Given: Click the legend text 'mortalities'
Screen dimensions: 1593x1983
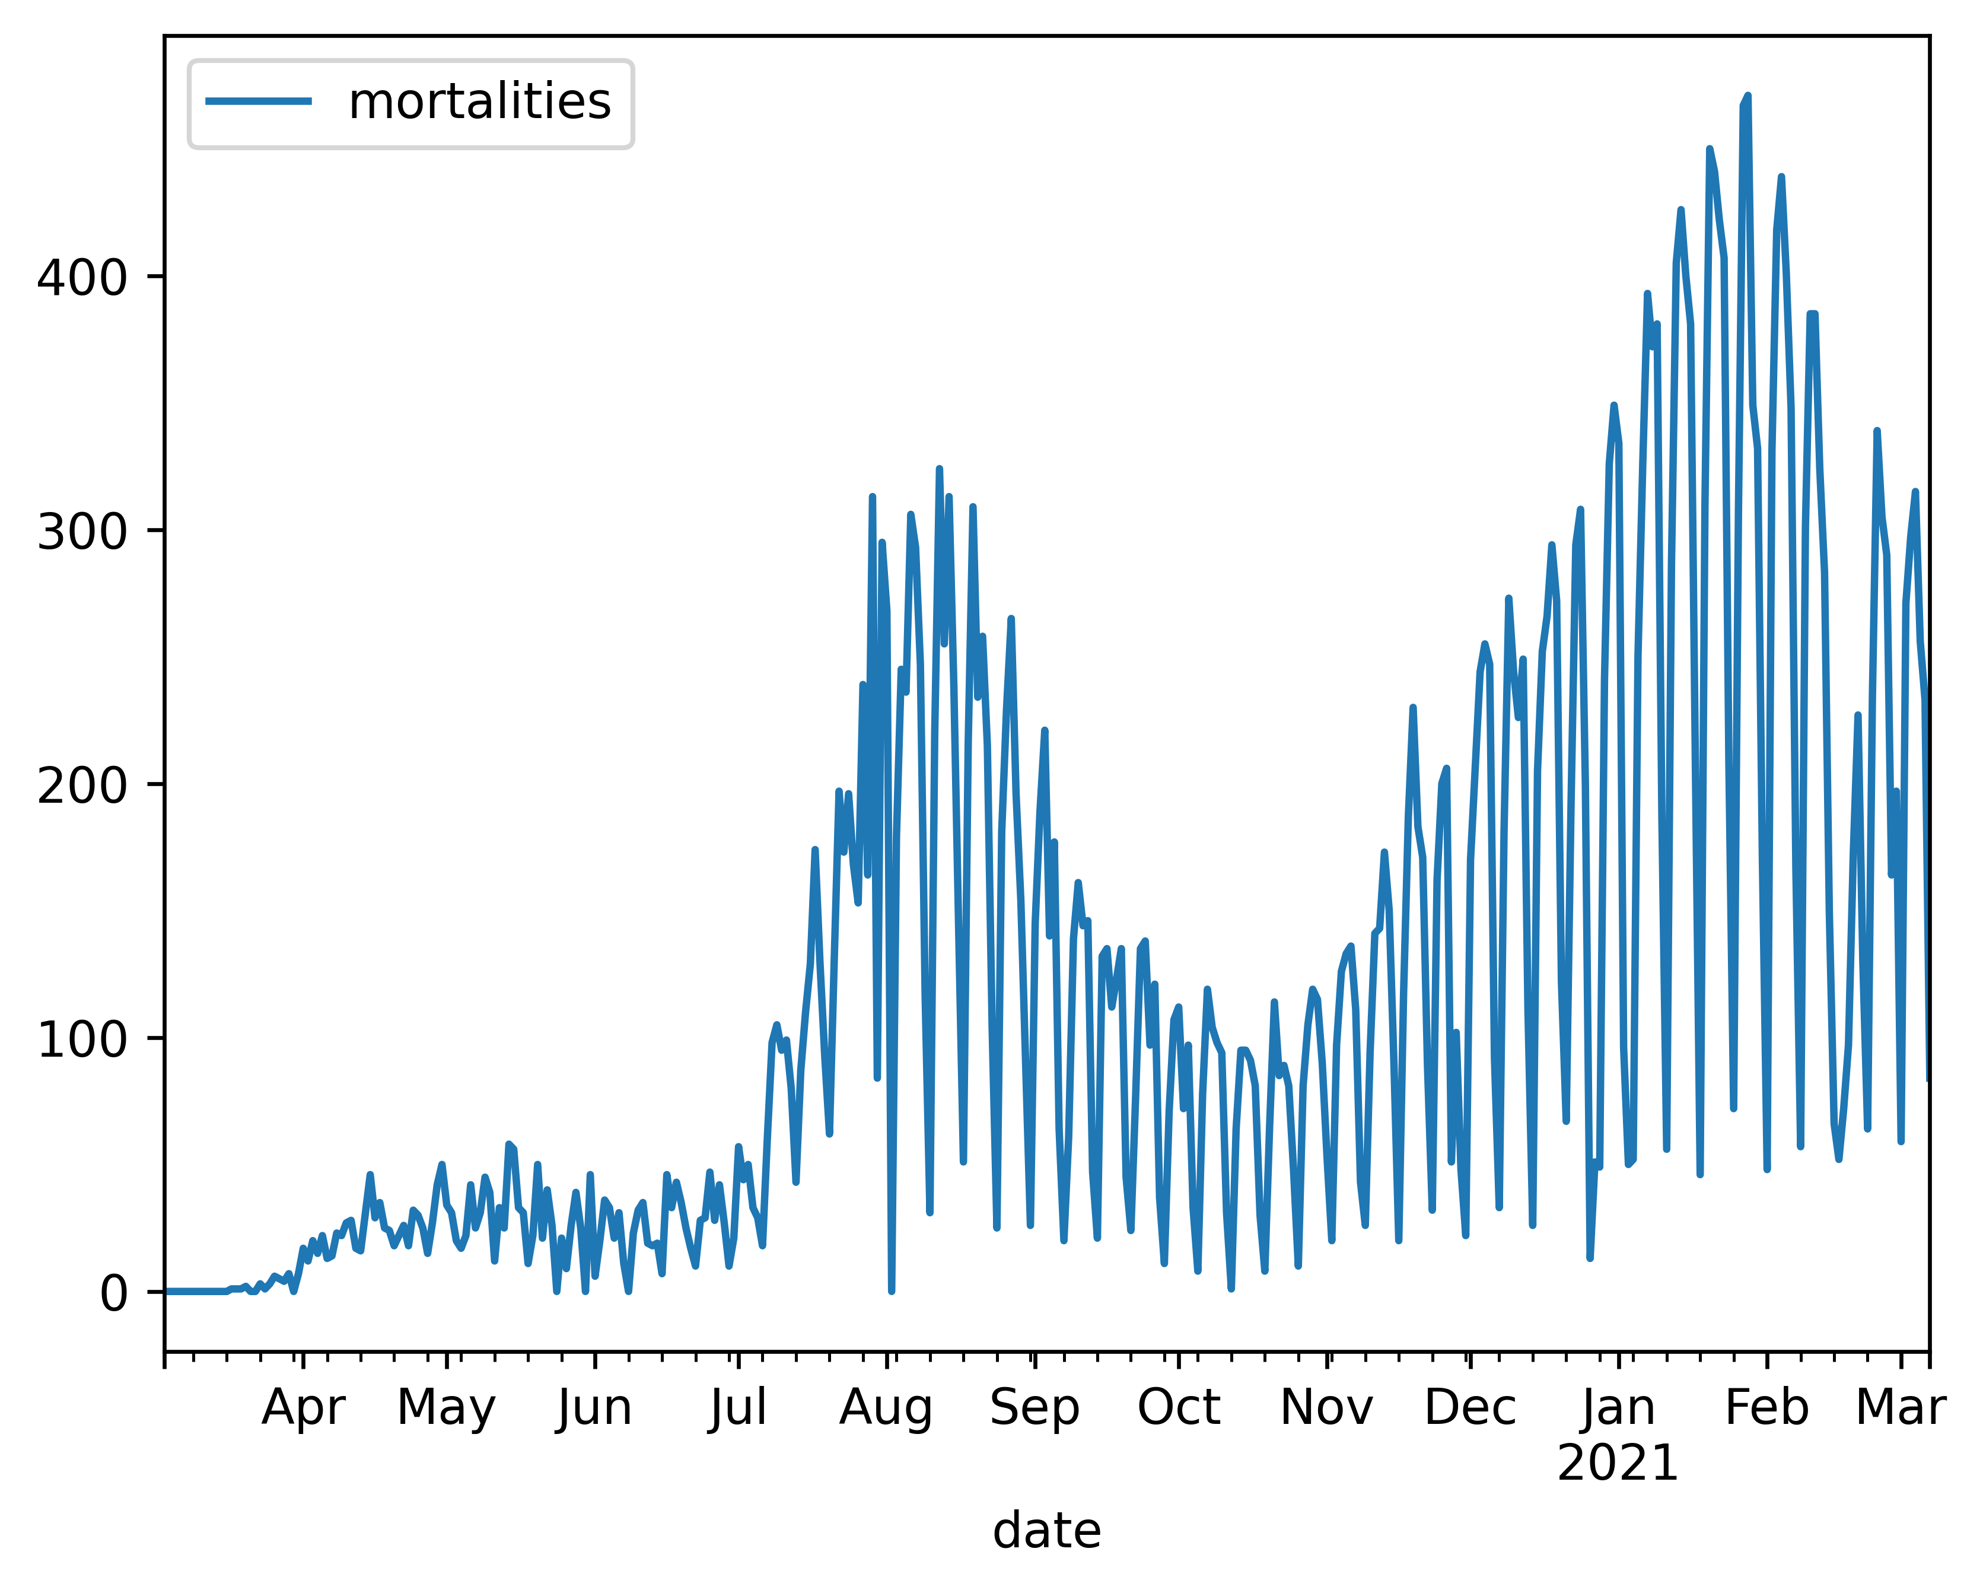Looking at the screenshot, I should click(x=479, y=101).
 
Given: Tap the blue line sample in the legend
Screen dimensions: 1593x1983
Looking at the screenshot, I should click(x=259, y=101).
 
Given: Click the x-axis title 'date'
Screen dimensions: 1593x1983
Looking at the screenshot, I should click(x=1047, y=1531).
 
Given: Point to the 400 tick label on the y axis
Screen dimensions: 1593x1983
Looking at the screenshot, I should click(x=81, y=277).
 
